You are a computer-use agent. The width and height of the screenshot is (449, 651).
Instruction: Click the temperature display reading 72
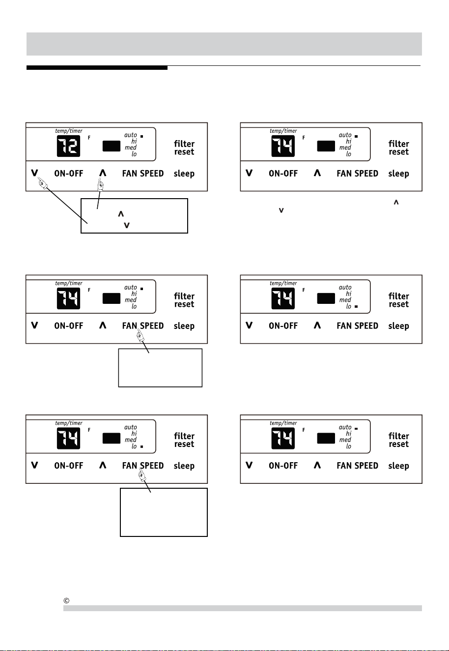pos(68,146)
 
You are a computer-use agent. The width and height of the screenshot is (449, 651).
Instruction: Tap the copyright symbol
pos(66,600)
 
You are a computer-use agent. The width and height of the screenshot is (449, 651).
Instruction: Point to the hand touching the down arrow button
pos(42,183)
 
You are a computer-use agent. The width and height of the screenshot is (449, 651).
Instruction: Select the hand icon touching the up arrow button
pos(101,184)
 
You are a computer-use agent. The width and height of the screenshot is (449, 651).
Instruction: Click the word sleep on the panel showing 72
pos(184,174)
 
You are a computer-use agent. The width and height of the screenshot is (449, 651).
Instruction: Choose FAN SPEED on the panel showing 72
pos(143,174)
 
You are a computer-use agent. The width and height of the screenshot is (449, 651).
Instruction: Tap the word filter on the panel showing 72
pos(184,144)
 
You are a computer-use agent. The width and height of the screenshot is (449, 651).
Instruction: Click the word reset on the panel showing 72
pos(184,152)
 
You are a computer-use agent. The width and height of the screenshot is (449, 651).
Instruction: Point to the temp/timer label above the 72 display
pos(69,131)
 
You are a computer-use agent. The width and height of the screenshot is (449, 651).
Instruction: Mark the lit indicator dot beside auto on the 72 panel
pos(142,136)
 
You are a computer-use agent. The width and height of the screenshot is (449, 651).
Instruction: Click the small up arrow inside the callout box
pos(121,214)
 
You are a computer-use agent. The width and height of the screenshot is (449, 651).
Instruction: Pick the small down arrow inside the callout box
pos(127,225)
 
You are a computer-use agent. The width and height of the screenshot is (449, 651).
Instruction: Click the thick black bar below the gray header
pos(97,68)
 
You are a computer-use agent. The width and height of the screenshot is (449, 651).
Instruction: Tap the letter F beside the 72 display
pos(89,138)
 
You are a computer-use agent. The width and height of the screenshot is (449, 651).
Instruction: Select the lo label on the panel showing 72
pos(134,154)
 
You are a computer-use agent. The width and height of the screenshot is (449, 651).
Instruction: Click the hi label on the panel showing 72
pos(134,141)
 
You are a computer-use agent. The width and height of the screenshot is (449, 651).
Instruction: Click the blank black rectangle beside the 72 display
pos(112,146)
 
